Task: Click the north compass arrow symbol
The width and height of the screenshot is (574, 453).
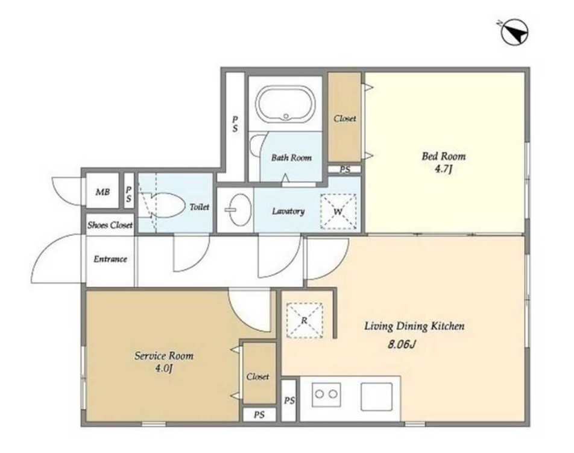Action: point(514,32)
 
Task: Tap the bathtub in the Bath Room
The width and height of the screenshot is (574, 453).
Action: point(286,104)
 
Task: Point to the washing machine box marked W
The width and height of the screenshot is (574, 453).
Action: point(338,211)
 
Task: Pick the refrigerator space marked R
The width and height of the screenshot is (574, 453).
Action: point(304,320)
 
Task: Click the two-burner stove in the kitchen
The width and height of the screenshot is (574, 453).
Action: point(327,394)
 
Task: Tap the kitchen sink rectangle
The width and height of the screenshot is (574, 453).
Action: point(377,397)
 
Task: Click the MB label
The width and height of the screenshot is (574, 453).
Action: point(102,192)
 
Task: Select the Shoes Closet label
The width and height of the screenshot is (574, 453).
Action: point(110,225)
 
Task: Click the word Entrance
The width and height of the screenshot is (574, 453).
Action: point(110,259)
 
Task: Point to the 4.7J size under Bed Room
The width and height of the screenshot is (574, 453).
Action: point(444,169)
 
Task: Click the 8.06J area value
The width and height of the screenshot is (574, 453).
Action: point(401,344)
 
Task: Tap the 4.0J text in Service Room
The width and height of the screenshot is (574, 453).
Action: point(163,369)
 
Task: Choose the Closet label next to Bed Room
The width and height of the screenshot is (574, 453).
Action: point(344,119)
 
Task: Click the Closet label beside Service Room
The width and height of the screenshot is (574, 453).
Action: point(257,376)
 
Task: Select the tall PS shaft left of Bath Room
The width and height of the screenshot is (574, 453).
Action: point(235,124)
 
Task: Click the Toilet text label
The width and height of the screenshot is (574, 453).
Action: point(200,207)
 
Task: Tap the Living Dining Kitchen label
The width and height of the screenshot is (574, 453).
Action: point(414,326)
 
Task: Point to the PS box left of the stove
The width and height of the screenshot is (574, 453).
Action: point(289,401)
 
